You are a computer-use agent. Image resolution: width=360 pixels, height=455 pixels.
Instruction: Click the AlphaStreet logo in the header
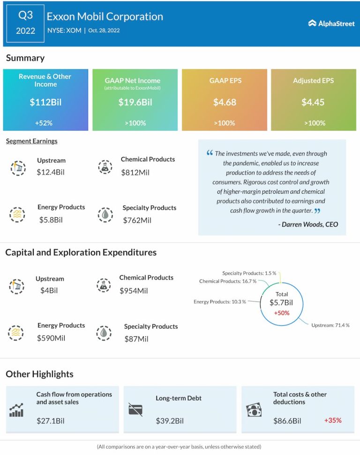coord(331,23)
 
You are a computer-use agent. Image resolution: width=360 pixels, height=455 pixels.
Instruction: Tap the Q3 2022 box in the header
coord(26,23)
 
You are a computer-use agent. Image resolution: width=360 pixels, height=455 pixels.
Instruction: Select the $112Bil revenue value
coord(45,102)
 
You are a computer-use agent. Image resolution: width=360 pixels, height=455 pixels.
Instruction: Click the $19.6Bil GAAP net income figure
coord(135,102)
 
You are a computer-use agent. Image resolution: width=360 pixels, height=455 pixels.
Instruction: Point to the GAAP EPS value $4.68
coord(225,102)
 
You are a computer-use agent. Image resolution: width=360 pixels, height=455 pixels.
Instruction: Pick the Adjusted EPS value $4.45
coord(313,102)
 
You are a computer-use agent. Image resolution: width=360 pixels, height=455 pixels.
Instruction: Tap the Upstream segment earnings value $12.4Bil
coord(51,172)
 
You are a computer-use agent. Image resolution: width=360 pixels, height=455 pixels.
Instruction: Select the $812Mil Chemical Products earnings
coord(135,172)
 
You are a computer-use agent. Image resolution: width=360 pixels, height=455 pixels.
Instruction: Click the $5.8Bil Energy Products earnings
coord(51,219)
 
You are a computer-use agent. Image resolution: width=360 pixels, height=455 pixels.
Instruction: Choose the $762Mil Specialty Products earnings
coord(137,220)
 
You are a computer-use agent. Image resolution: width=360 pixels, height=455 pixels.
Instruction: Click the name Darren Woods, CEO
coord(308,224)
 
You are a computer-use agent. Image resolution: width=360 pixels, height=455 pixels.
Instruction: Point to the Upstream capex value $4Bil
coord(49,290)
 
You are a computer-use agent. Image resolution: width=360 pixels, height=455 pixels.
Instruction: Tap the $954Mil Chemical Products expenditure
coord(134,290)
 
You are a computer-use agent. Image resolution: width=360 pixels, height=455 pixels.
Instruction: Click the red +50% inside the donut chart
coord(282,312)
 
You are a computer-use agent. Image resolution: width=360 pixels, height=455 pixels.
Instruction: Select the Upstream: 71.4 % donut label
coord(330,325)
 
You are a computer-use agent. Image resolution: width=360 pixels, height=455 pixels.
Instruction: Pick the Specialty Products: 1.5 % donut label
coord(249,273)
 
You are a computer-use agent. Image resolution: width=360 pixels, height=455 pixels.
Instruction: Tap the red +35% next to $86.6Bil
coord(333,420)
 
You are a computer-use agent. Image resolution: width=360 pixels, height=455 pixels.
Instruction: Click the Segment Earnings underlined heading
coord(32,141)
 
